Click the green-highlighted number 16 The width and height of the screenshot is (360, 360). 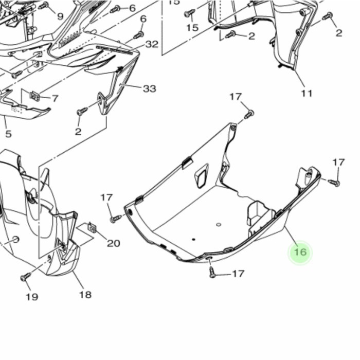300,252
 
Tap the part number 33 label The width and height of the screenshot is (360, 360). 149,89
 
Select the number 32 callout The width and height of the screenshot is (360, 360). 152,44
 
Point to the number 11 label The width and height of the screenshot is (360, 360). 307,94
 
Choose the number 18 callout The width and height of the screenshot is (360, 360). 85,294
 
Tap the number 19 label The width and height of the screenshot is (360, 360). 31,297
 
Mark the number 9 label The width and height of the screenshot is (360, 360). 60,16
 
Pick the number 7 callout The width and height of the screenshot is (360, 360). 55,98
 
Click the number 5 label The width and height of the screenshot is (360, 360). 8,135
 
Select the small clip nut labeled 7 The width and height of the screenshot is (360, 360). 35,95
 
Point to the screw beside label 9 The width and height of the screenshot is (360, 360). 44,6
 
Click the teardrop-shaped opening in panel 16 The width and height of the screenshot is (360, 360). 200,175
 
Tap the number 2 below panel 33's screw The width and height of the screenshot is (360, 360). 78,132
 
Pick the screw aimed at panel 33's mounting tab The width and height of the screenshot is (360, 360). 82,111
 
